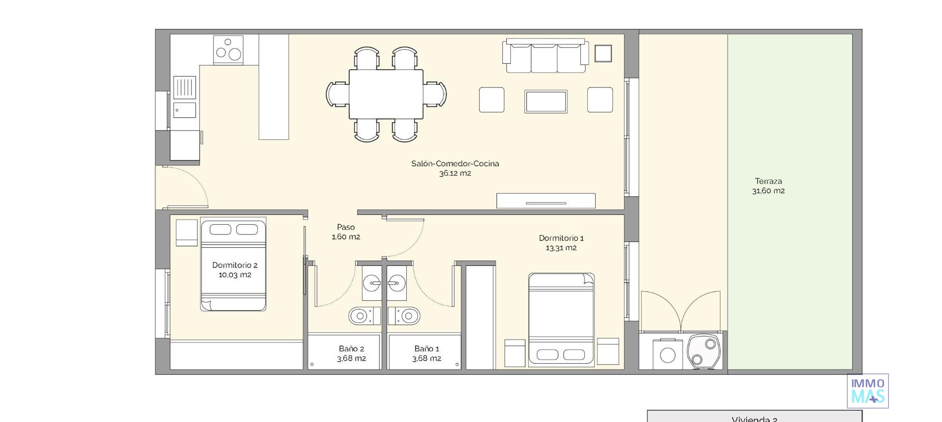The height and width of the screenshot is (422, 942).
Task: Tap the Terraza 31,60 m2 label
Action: (x=768, y=186)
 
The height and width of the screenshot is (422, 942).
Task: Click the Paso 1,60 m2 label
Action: (x=345, y=232)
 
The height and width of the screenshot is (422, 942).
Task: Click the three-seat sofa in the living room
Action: (x=545, y=56)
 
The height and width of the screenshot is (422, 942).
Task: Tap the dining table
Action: (x=386, y=94)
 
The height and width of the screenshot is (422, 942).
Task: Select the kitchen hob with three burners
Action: (x=229, y=50)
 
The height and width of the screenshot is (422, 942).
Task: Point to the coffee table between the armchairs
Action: (x=546, y=102)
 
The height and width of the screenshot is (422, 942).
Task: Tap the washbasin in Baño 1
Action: (x=396, y=283)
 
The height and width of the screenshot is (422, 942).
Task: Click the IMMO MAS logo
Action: (x=867, y=391)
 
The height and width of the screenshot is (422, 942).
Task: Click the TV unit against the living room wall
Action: (x=546, y=201)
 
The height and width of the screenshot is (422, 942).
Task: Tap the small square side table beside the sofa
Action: (x=603, y=53)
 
